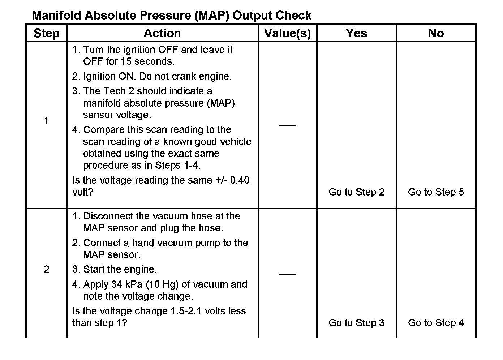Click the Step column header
coord(46,33)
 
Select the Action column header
coord(162,33)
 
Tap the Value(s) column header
coord(288,33)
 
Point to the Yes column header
coord(356,33)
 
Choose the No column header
coord(436,33)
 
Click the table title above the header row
coord(172,16)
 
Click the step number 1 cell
coord(46,121)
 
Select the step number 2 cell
coord(46,270)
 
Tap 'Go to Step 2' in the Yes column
coord(356,192)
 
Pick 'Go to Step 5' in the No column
coord(436,192)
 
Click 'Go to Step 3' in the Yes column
coord(356,323)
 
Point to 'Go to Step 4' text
coord(436,323)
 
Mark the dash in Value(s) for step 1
coord(287,125)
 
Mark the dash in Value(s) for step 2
coord(287,274)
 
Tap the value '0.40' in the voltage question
coord(240,180)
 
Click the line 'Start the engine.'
coord(120,270)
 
